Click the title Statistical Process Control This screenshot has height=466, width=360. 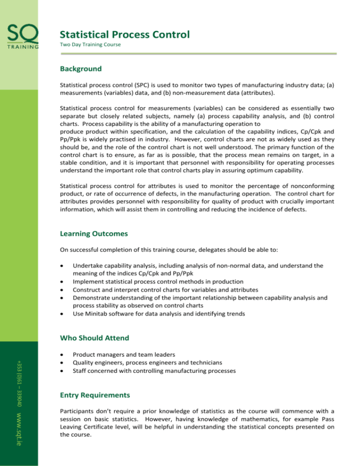(x=125, y=34)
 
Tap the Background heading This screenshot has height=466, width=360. (x=81, y=68)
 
